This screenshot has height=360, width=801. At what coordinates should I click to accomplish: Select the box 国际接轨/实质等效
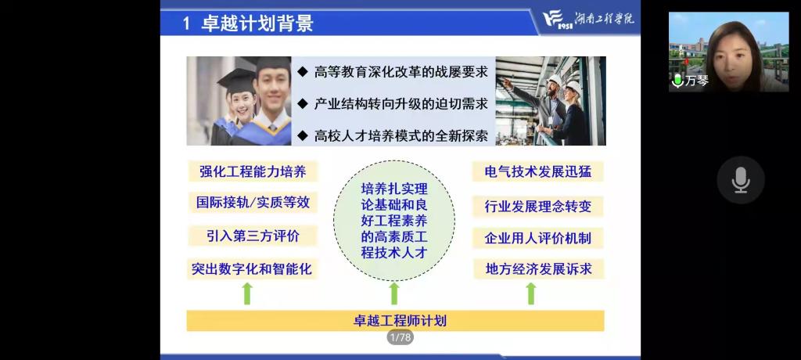pos(252,202)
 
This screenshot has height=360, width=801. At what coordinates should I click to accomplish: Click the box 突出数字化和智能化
pos(252,268)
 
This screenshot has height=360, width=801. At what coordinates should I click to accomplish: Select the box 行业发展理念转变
pos(538,206)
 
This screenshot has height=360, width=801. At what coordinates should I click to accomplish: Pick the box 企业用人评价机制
pos(538,238)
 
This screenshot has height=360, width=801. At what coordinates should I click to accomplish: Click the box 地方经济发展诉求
pos(538,268)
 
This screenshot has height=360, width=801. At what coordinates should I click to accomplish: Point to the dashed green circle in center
pos(393,220)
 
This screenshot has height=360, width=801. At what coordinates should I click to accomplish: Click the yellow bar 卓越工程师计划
pos(395,320)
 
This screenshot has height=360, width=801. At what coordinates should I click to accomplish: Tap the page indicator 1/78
pos(400,337)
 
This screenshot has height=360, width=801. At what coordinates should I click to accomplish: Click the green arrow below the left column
pos(247,293)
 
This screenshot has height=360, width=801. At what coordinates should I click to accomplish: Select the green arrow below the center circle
pos(394,293)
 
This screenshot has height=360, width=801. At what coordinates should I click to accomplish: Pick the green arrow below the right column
pos(531,293)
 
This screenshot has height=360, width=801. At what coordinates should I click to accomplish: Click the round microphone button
pos(740,180)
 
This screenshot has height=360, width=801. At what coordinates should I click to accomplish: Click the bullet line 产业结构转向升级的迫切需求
pos(400,103)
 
